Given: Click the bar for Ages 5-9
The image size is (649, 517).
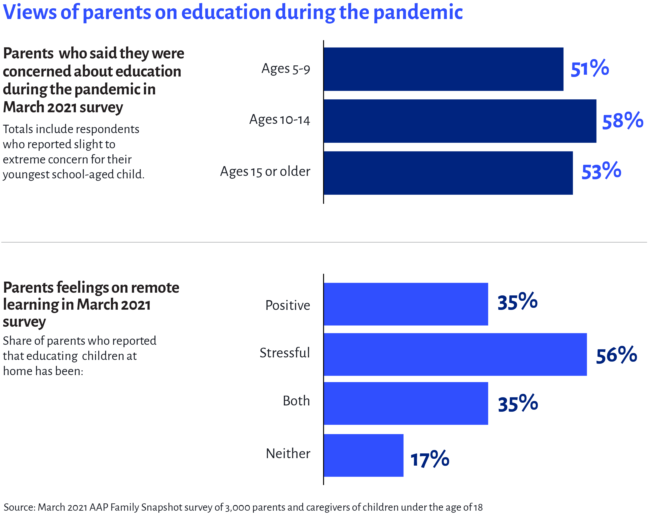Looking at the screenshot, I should pyautogui.click(x=443, y=69).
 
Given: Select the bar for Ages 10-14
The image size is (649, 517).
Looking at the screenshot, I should pyautogui.click(x=460, y=121).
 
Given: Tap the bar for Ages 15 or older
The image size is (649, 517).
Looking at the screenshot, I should pyautogui.click(x=448, y=173).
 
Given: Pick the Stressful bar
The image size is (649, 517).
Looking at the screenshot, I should pyautogui.click(x=455, y=354).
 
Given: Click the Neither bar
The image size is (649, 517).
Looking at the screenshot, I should pyautogui.click(x=363, y=455).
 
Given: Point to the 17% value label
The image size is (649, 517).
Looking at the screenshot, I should pyautogui.click(x=429, y=460).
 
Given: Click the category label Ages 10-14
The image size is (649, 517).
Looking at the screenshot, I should pyautogui.click(x=279, y=120).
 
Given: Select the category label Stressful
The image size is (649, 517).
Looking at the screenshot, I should pyautogui.click(x=284, y=353).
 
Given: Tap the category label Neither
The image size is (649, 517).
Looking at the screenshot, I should pyautogui.click(x=288, y=453).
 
